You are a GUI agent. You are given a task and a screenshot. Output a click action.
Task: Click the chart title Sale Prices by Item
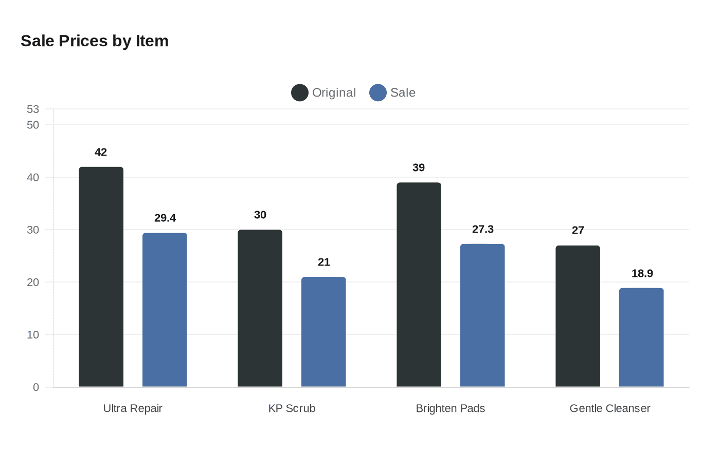pyautogui.click(x=95, y=41)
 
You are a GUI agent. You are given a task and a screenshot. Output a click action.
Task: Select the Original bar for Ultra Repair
pyautogui.click(x=101, y=277)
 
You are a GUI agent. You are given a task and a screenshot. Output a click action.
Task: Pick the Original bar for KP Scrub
pyautogui.click(x=260, y=308)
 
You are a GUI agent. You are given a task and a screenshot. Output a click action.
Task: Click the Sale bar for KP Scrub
pyautogui.click(x=323, y=332)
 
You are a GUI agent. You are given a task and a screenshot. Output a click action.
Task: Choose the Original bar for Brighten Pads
pyautogui.click(x=419, y=285)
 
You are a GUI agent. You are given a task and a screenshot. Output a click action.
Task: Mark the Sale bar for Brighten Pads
pyautogui.click(x=482, y=315)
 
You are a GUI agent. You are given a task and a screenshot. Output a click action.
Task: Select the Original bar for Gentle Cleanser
pyautogui.click(x=578, y=316)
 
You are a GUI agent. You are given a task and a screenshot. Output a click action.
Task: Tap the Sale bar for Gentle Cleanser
pyautogui.click(x=641, y=337)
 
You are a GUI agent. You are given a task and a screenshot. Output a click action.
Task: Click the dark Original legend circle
pyautogui.click(x=300, y=93)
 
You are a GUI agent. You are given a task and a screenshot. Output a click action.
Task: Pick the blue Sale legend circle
pyautogui.click(x=378, y=93)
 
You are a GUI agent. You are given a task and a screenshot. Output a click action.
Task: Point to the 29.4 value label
pyautogui.click(x=165, y=218)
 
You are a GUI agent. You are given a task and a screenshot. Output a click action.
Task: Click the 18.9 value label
pyautogui.click(x=642, y=274)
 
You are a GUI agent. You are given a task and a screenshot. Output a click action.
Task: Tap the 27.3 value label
pyautogui.click(x=483, y=230)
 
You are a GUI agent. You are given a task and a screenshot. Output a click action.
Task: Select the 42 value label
pyautogui.click(x=101, y=153)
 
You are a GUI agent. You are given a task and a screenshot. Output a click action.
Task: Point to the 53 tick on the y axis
pyautogui.click(x=33, y=109)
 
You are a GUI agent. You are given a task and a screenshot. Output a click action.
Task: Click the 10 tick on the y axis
pyautogui.click(x=33, y=335)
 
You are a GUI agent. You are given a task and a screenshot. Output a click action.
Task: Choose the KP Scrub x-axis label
pyautogui.click(x=292, y=409)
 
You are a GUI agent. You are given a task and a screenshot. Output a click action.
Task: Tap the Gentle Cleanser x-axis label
pyautogui.click(x=610, y=409)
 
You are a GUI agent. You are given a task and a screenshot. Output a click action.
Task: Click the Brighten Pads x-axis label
pyautogui.click(x=451, y=409)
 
